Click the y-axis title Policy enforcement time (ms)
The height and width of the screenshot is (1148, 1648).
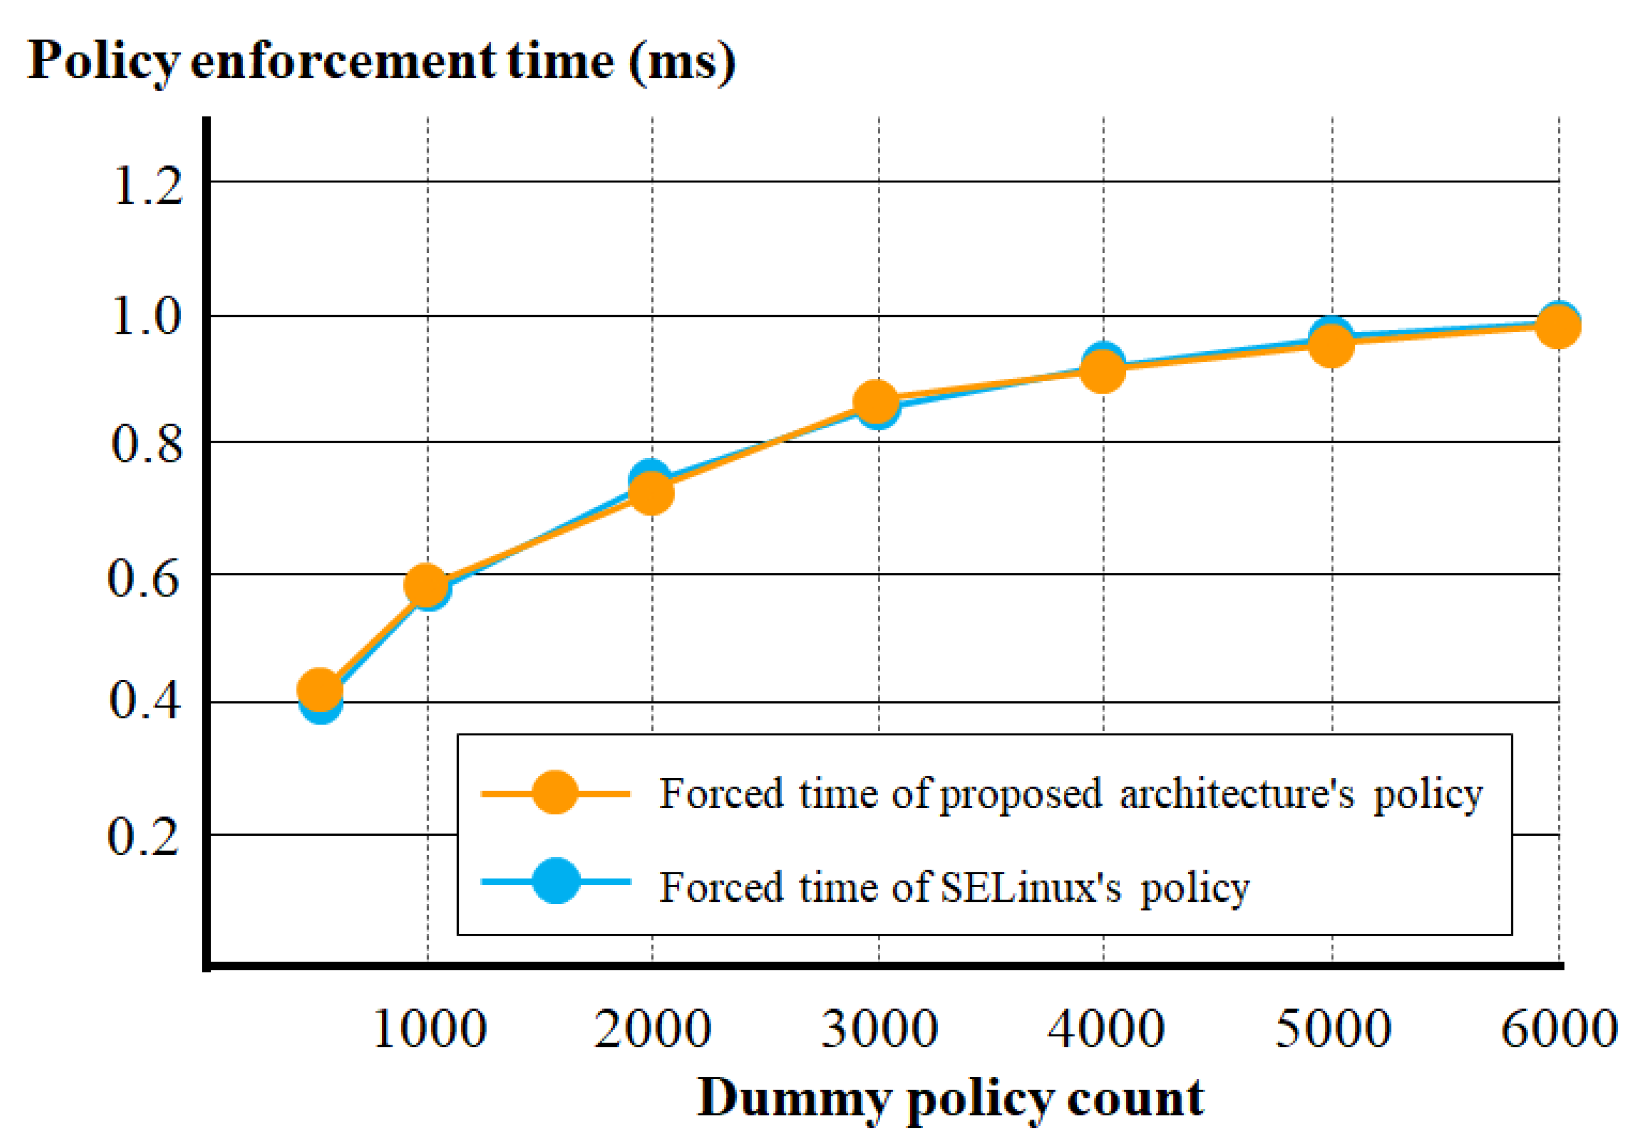pos(380,62)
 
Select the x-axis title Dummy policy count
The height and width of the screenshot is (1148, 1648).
pos(950,1098)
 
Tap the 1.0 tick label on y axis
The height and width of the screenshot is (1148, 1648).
pos(146,317)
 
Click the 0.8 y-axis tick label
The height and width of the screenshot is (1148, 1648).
pos(146,444)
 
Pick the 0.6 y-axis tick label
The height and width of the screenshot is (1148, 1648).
pos(144,578)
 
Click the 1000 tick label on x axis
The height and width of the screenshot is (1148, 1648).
pos(430,1029)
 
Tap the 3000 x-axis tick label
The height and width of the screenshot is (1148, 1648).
pos(879,1029)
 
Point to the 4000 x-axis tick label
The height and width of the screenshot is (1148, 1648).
pos(1106,1029)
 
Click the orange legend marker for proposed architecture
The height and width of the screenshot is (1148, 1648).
pos(555,793)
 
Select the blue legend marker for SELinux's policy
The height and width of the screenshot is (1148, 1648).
pos(555,880)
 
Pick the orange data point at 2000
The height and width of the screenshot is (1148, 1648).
pos(651,492)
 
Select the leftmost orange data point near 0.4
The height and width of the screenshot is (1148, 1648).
pos(319,689)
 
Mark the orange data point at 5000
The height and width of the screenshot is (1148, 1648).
pos(1330,345)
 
